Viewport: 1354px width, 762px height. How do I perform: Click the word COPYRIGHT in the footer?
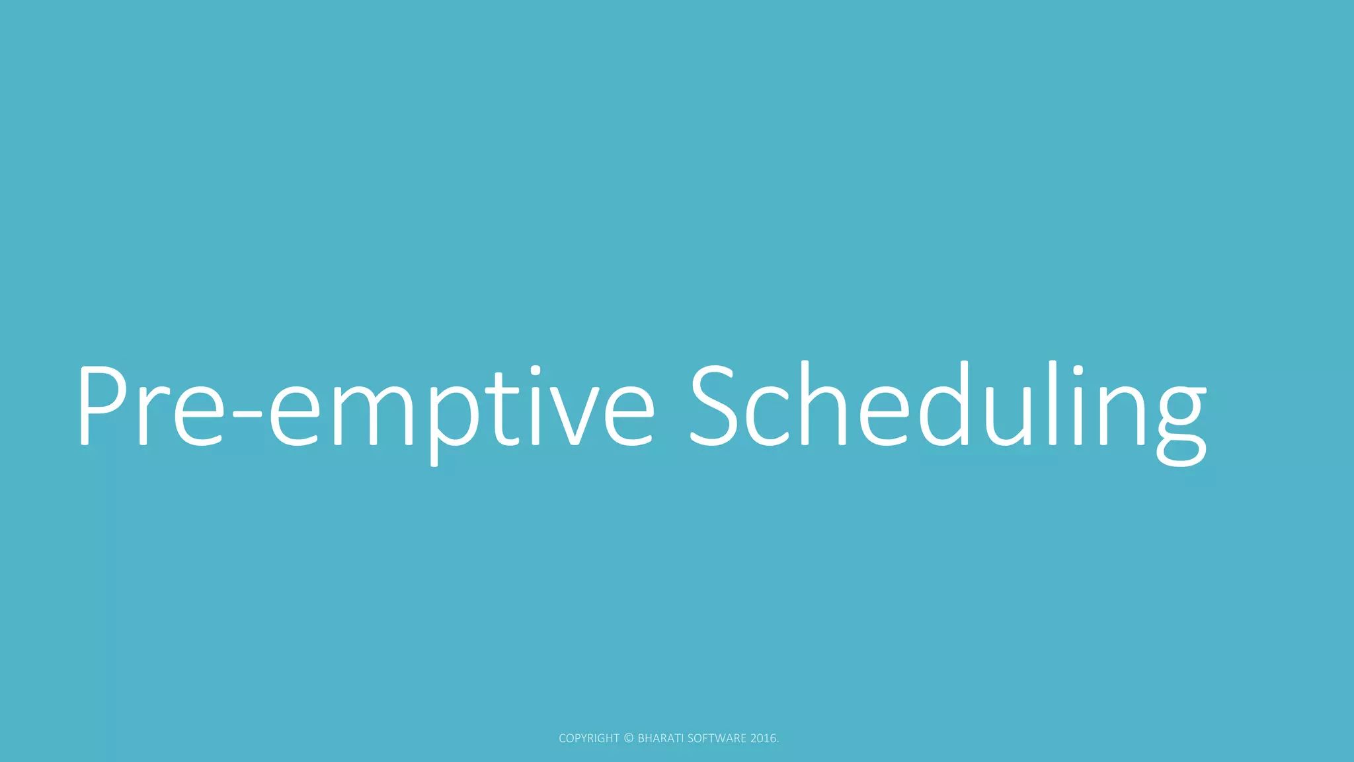click(x=589, y=738)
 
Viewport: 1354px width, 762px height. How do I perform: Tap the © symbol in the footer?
click(x=629, y=738)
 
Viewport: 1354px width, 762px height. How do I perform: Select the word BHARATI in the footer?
click(x=660, y=738)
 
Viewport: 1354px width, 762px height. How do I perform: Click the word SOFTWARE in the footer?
click(x=717, y=738)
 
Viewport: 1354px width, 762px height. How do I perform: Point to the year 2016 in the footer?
click(x=764, y=738)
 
